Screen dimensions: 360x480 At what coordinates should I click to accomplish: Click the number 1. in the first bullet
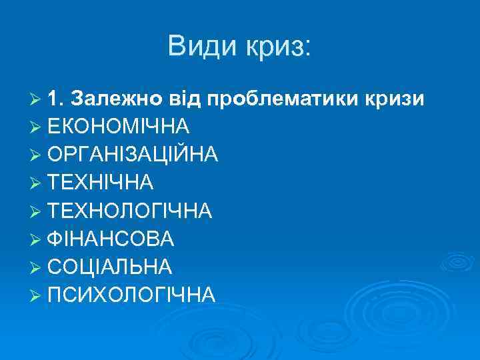click(x=56, y=99)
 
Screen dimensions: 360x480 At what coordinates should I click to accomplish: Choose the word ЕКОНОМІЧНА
click(x=119, y=127)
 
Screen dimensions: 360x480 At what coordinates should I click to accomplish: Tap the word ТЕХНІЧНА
click(x=101, y=183)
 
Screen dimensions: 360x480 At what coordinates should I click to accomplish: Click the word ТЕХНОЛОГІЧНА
click(x=130, y=211)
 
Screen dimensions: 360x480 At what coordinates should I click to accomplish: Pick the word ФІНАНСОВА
click(x=111, y=239)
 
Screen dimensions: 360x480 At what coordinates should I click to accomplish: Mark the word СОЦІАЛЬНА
click(x=111, y=267)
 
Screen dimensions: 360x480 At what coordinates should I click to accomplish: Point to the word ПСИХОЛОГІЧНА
click(x=131, y=295)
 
